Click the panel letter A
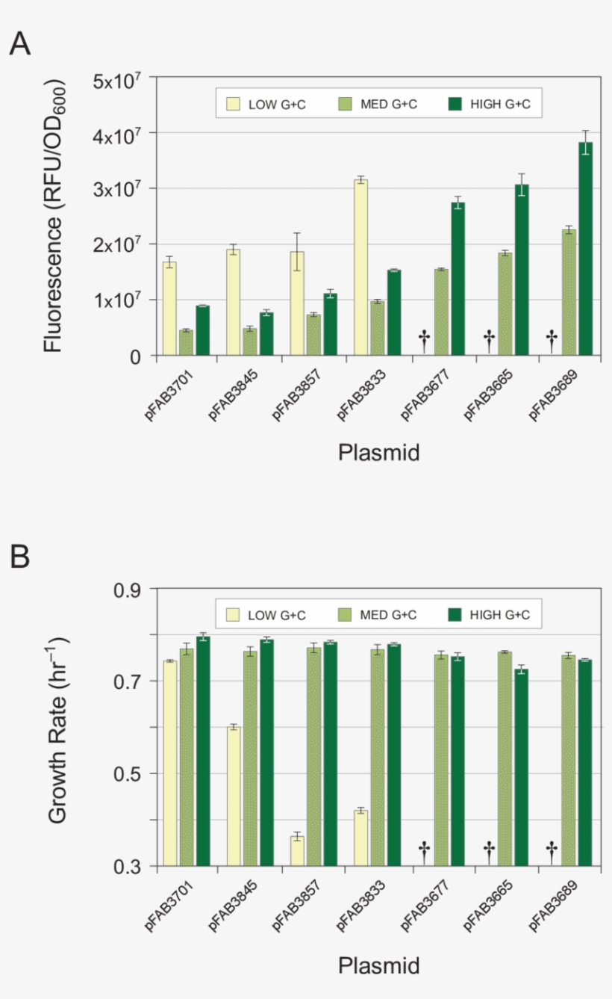click(20, 44)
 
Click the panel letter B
click(20, 557)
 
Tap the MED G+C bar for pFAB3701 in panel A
click(186, 343)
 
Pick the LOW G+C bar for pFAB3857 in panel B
click(297, 851)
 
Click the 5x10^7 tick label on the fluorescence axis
click(117, 78)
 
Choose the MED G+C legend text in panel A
click(389, 105)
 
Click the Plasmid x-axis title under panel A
click(378, 452)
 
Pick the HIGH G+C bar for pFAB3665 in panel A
click(522, 270)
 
